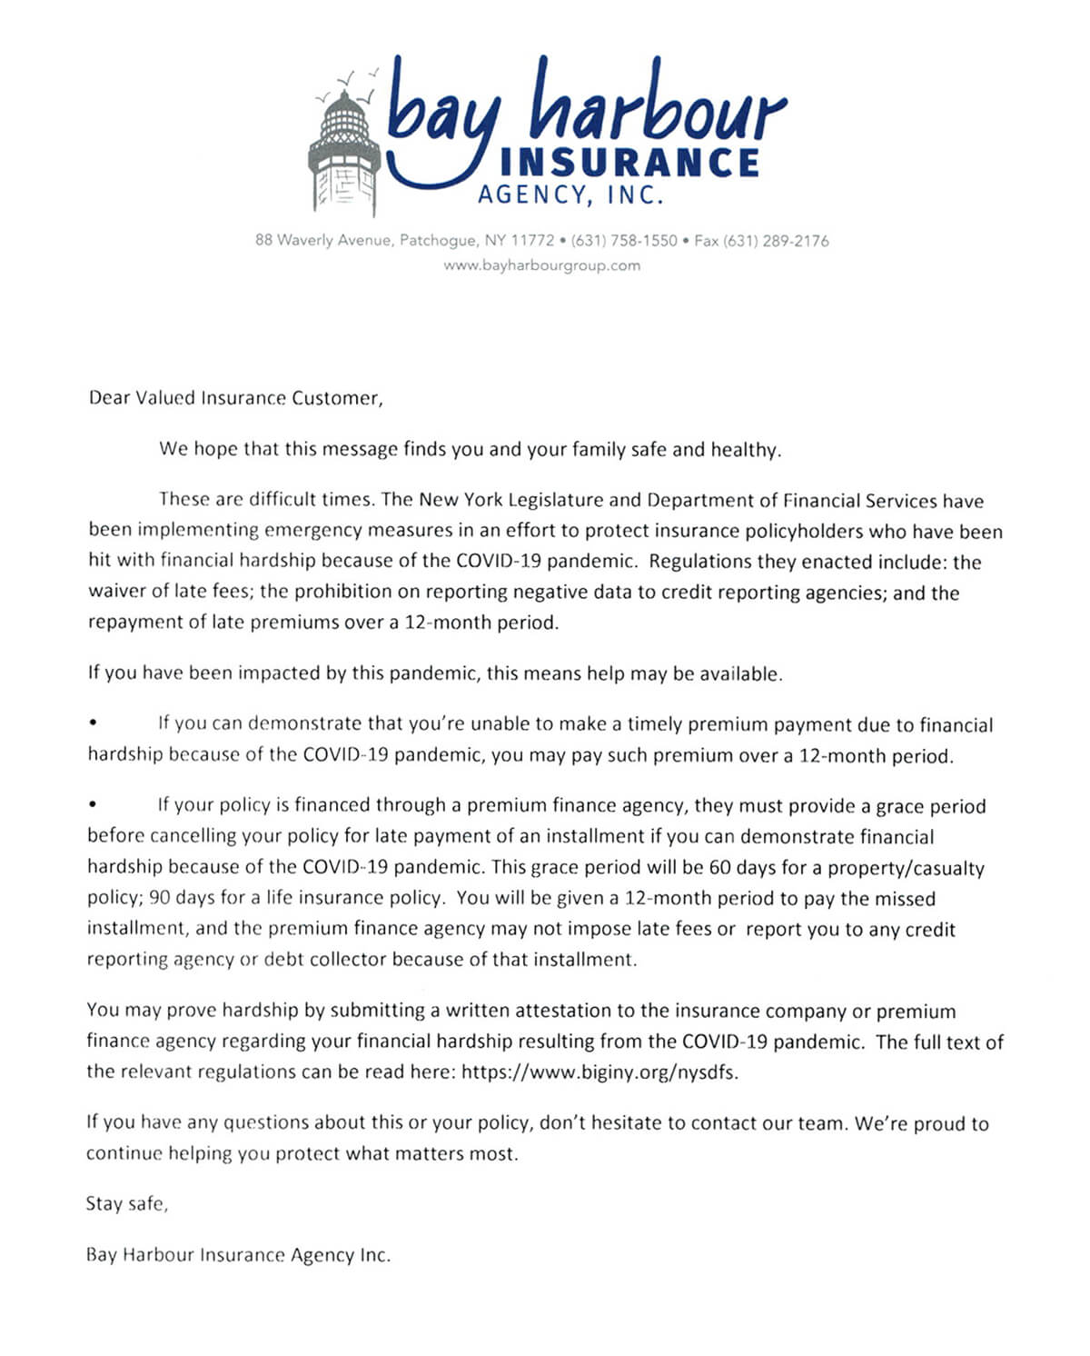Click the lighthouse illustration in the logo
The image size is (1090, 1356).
344,145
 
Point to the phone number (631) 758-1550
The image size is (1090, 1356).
624,241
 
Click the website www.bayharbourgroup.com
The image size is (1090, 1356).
541,265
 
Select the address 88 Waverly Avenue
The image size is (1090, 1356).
324,241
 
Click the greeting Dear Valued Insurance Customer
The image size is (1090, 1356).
235,398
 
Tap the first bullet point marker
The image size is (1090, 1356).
93,724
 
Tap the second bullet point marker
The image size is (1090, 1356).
93,805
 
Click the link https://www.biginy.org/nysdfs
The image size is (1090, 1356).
599,1072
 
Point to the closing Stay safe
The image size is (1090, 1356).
127,1203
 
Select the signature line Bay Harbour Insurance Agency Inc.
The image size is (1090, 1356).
238,1255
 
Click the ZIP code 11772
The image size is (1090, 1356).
531,241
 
